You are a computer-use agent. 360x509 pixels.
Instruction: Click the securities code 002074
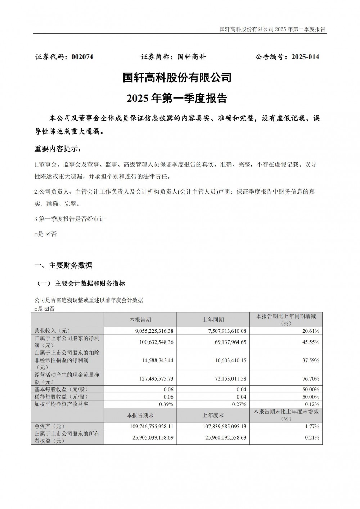(x=82, y=57)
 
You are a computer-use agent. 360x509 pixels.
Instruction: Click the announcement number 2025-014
(x=305, y=57)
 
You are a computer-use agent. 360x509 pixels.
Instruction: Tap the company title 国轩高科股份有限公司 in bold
(x=177, y=77)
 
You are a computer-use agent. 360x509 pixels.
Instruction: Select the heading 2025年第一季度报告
(x=177, y=98)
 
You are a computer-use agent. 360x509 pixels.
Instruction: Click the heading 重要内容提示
(x=58, y=149)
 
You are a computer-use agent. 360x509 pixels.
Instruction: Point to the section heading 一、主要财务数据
(x=63, y=265)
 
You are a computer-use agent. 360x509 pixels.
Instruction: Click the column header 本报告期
(x=140, y=320)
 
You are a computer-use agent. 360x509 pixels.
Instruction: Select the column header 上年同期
(x=213, y=320)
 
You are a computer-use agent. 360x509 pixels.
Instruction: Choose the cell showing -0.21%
(x=311, y=438)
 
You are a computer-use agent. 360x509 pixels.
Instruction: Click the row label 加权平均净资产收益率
(x=60, y=404)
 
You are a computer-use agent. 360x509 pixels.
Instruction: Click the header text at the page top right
(x=272, y=29)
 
